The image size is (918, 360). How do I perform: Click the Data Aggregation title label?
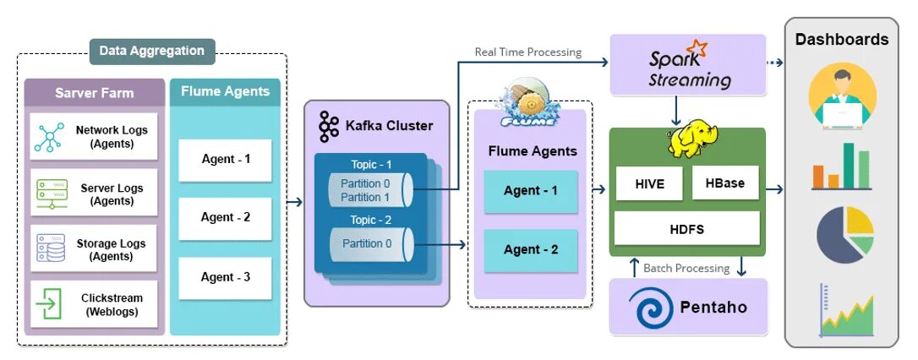pyautogui.click(x=152, y=51)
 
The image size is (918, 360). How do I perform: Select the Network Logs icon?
pyautogui.click(x=49, y=137)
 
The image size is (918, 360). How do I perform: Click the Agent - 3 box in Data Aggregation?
pyautogui.click(x=225, y=277)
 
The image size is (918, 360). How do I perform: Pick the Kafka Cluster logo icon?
pyautogui.click(x=328, y=126)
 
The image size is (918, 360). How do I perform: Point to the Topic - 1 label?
pyautogui.click(x=371, y=165)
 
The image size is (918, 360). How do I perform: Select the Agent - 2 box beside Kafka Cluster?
pyautogui.click(x=531, y=250)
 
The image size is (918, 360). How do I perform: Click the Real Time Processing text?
pyautogui.click(x=528, y=52)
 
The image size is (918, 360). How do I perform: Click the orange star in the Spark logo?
pyautogui.click(x=697, y=47)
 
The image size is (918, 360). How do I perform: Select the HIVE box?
pyautogui.click(x=648, y=183)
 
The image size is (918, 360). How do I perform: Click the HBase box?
pyautogui.click(x=724, y=183)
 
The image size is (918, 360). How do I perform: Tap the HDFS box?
pyautogui.click(x=686, y=228)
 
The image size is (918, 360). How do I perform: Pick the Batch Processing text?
pyautogui.click(x=686, y=268)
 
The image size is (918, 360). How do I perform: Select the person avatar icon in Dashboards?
pyautogui.click(x=841, y=97)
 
